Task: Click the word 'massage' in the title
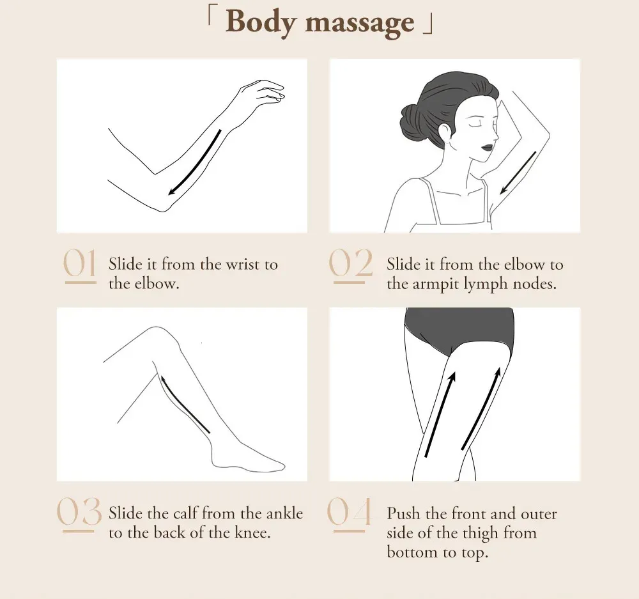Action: click(360, 23)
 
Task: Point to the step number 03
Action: click(79, 514)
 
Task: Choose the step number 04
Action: click(350, 514)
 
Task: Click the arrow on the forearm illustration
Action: click(194, 163)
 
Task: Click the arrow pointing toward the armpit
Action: click(518, 173)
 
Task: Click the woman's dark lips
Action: click(488, 147)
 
